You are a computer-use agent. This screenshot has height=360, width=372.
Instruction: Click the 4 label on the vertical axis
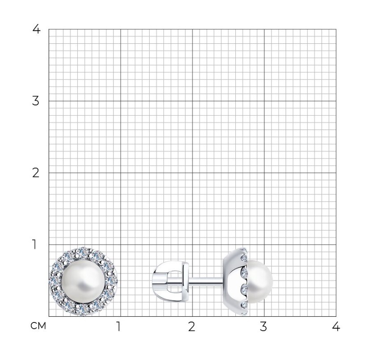click(x=37, y=29)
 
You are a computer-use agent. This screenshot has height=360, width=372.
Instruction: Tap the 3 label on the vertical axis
click(x=36, y=101)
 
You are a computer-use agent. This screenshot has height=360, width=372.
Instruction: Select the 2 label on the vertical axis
click(x=36, y=173)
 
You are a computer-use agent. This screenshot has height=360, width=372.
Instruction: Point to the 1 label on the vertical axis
click(x=35, y=244)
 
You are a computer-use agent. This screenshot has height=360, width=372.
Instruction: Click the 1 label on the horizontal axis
click(x=118, y=327)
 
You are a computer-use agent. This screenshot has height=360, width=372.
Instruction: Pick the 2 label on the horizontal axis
click(x=192, y=327)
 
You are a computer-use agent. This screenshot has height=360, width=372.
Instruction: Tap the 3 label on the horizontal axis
click(x=263, y=327)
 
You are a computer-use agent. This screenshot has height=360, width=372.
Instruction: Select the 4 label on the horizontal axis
click(x=336, y=327)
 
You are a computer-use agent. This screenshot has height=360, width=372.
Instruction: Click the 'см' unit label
click(x=38, y=326)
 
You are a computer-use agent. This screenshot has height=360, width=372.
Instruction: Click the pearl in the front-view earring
click(x=83, y=281)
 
